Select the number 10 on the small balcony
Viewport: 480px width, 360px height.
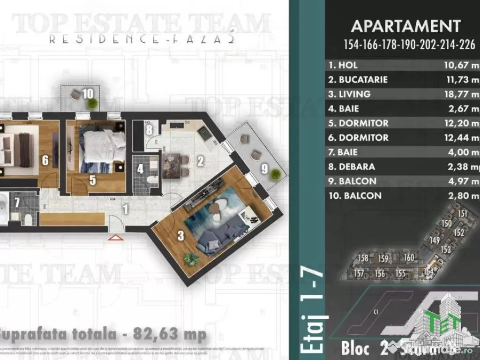(x=88, y=93)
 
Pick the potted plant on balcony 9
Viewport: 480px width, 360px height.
(x=276, y=174)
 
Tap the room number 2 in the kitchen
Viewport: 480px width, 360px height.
(x=200, y=162)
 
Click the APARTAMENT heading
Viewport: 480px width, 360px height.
(x=405, y=26)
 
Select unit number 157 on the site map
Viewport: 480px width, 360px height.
(x=360, y=274)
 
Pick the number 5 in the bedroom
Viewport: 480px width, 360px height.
(x=93, y=180)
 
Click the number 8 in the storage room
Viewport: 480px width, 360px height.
(x=148, y=131)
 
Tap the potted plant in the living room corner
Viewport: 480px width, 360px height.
(x=191, y=258)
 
